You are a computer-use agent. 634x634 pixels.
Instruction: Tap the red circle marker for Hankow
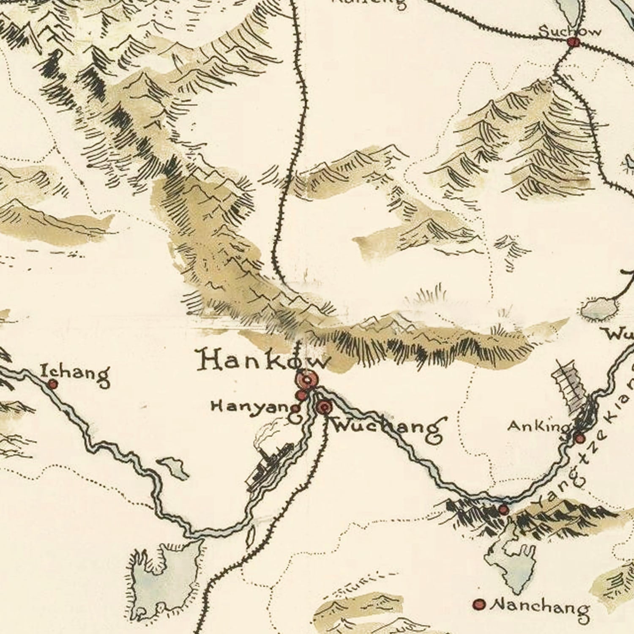click(x=307, y=379)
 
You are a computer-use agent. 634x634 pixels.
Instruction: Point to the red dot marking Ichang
click(x=53, y=384)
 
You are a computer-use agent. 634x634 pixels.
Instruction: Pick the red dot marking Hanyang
click(x=301, y=396)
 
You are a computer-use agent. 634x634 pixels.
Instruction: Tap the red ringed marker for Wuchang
click(x=324, y=407)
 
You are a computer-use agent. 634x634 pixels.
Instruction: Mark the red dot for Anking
click(x=580, y=438)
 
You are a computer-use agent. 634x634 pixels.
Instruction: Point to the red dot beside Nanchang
click(x=479, y=604)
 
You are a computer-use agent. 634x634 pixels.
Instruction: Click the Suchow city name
click(x=570, y=30)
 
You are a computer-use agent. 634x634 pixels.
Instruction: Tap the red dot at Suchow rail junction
click(x=573, y=42)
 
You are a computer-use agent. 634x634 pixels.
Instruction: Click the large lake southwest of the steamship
click(x=165, y=579)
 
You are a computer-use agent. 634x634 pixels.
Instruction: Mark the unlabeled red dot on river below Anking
click(x=503, y=509)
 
